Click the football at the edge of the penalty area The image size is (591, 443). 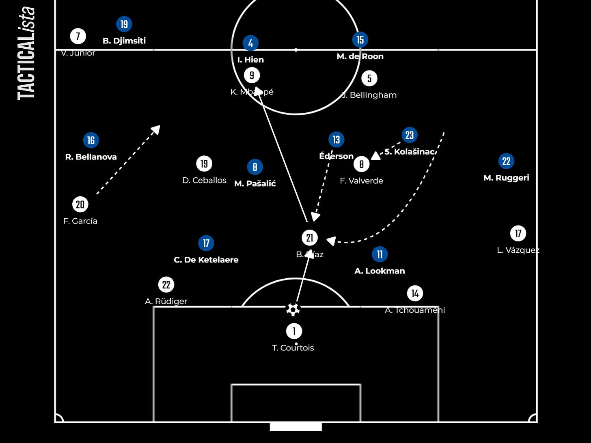point(293,310)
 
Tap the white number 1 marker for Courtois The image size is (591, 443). point(294,331)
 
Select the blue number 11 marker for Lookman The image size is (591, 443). point(380,254)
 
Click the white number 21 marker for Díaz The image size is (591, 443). point(310,238)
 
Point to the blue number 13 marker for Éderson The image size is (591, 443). point(336,140)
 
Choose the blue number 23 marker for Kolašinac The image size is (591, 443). point(410,135)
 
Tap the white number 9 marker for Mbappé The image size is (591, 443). point(252,75)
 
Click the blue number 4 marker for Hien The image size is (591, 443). point(250,43)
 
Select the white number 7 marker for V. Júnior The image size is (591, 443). point(78,36)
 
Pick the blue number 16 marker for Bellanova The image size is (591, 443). point(91,140)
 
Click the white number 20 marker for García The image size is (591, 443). point(80,204)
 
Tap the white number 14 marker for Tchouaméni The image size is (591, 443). point(415,293)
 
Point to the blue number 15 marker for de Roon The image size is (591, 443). point(360,39)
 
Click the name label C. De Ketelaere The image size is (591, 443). point(206,260)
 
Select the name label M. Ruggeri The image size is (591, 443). point(506,178)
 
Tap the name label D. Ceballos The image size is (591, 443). point(204,181)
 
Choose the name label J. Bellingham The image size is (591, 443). point(369,95)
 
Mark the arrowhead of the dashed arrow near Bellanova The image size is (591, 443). point(156,129)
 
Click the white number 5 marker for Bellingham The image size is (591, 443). point(369,78)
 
